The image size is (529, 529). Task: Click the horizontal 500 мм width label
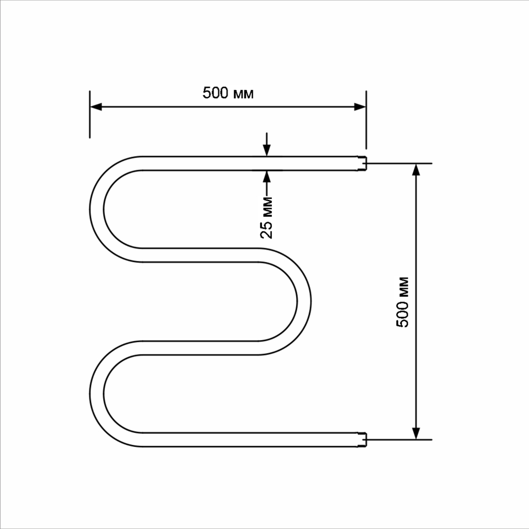pos(228,94)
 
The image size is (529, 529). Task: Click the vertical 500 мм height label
pos(403,302)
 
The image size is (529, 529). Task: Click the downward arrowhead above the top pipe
pos(267,151)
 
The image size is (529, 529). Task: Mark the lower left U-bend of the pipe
pos(97,394)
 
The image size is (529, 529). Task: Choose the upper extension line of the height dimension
pos(402,163)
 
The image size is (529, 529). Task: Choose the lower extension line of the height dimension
pos(402,440)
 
